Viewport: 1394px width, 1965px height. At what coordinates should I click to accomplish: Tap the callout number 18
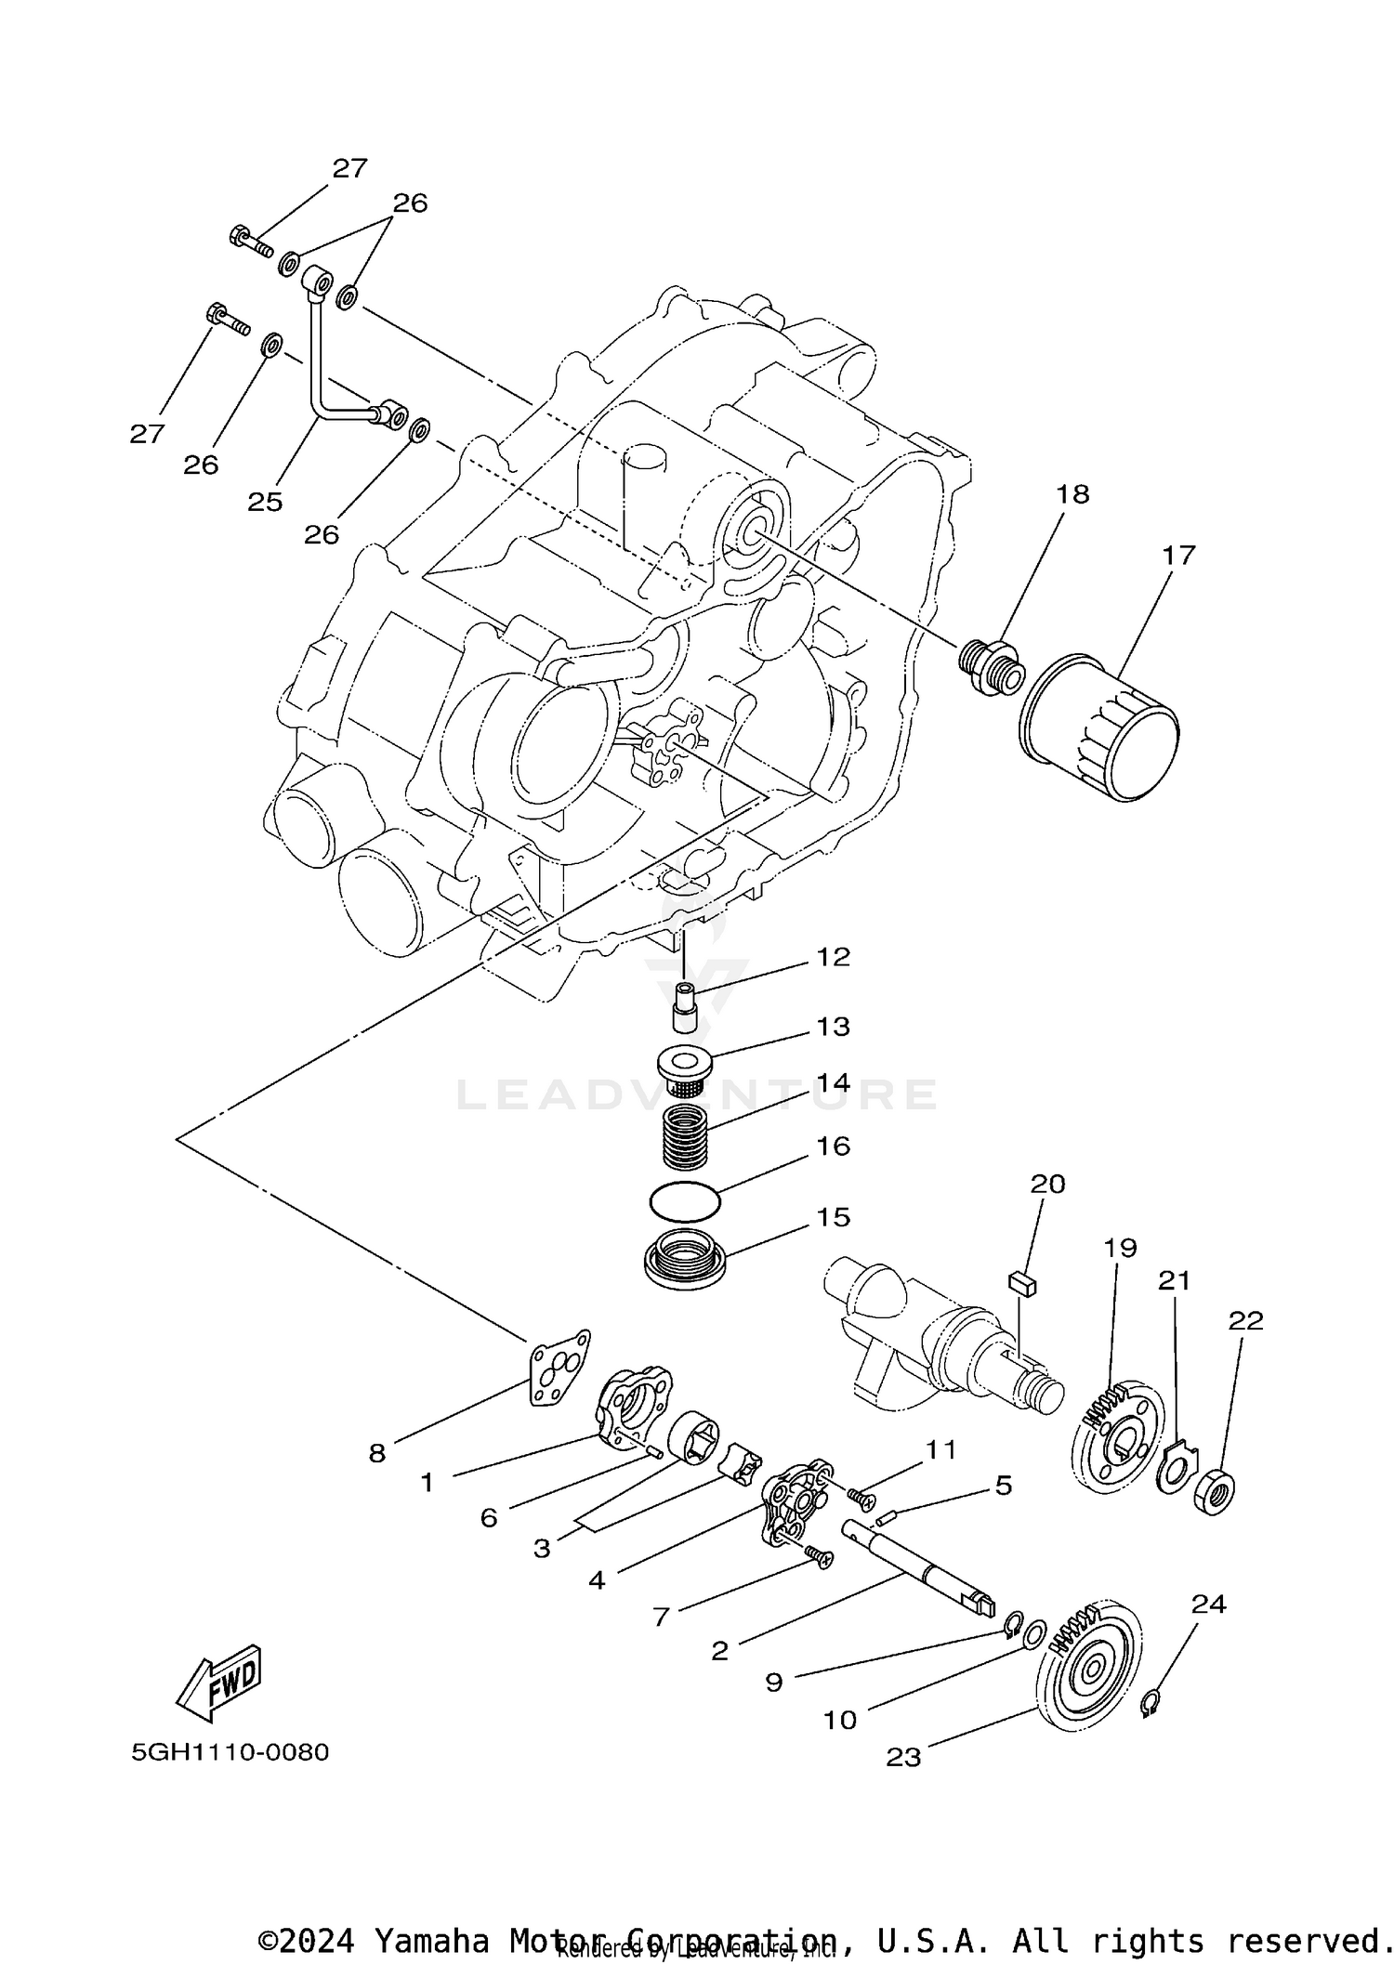1072,493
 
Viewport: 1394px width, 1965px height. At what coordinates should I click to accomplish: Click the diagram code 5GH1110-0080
230,1752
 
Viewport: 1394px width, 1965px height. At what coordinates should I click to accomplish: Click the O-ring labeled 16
685,1202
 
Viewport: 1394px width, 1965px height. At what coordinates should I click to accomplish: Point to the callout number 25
265,502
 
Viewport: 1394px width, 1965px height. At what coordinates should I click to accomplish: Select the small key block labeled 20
1022,1283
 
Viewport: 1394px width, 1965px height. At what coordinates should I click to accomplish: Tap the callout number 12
833,957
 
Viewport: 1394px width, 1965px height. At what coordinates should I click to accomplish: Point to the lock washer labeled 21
1175,1471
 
